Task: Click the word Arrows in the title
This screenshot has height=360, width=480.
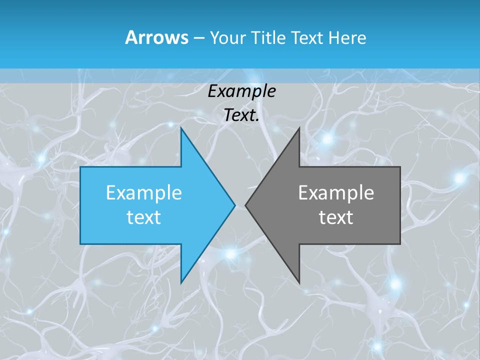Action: pyautogui.click(x=156, y=37)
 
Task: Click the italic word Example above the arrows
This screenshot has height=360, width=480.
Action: pyautogui.click(x=241, y=91)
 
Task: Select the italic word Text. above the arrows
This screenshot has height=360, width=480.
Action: pyautogui.click(x=241, y=115)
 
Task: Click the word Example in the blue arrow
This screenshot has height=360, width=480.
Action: pyautogui.click(x=143, y=192)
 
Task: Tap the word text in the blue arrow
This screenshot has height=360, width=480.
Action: pyautogui.click(x=143, y=217)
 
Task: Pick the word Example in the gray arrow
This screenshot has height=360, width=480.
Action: pyautogui.click(x=336, y=192)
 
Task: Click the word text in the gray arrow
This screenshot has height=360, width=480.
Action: pyautogui.click(x=336, y=217)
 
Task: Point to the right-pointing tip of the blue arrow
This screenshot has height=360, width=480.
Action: pyautogui.click(x=235, y=205)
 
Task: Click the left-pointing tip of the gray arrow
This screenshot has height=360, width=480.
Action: pyautogui.click(x=245, y=205)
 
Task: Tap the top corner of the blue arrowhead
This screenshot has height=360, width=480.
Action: pyautogui.click(x=181, y=127)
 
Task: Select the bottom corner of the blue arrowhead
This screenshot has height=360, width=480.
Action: pyautogui.click(x=181, y=283)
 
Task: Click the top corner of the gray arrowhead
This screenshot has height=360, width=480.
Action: pyautogui.click(x=299, y=127)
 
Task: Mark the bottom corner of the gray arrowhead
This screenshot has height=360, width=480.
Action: pyautogui.click(x=299, y=283)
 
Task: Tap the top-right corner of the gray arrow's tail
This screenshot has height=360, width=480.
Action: pyautogui.click(x=400, y=167)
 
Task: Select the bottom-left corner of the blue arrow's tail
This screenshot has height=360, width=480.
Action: pyautogui.click(x=80, y=244)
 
